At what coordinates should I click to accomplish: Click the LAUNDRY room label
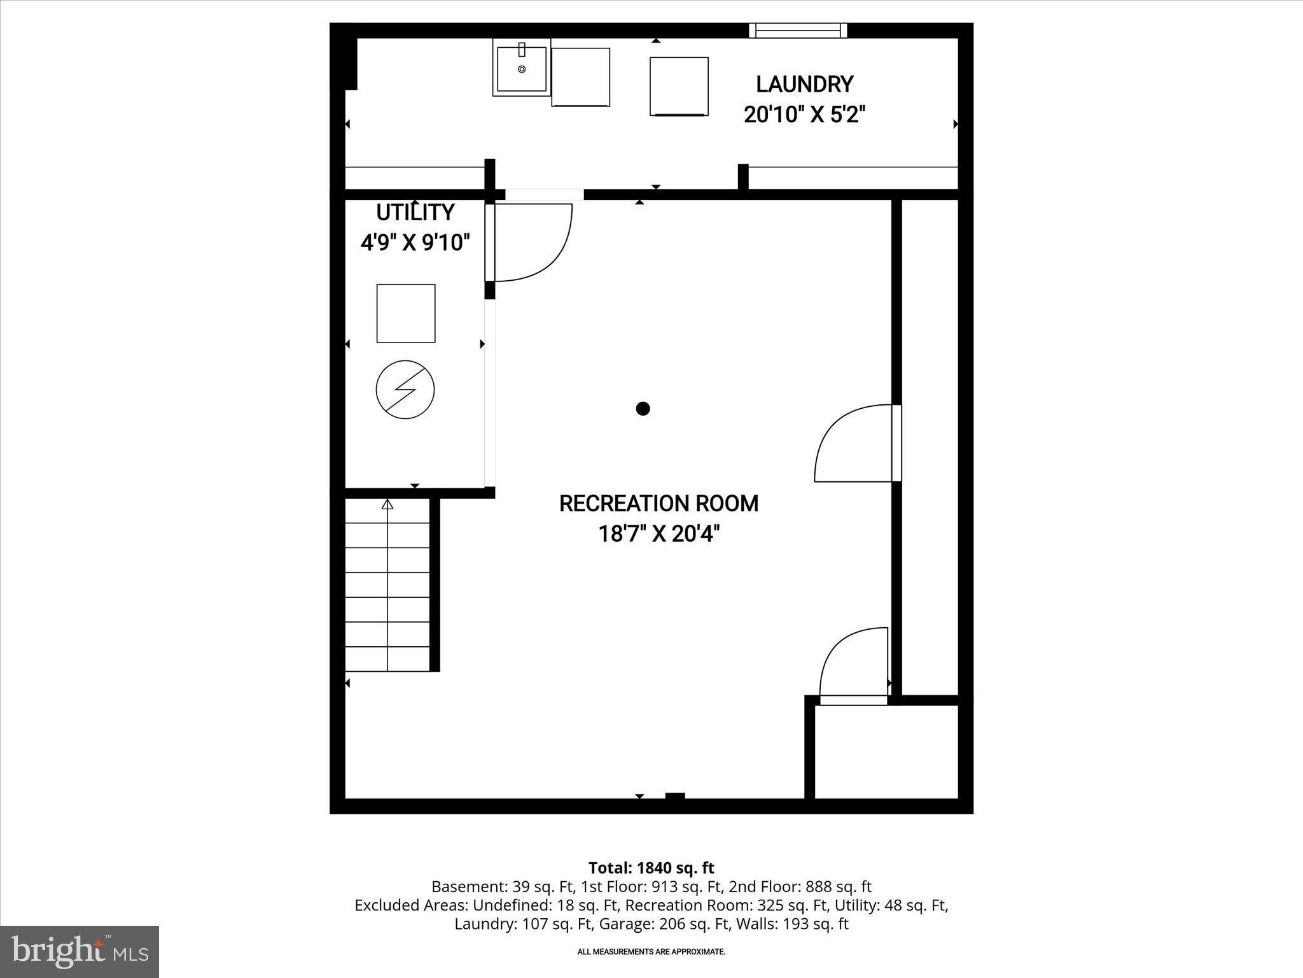click(x=804, y=84)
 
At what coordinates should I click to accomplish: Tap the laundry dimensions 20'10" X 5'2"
click(x=804, y=115)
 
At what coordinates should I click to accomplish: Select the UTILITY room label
click(x=415, y=212)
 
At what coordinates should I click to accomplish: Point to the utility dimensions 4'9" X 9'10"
click(x=415, y=243)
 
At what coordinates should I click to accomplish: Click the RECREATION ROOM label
click(x=658, y=504)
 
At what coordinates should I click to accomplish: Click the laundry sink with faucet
click(x=522, y=67)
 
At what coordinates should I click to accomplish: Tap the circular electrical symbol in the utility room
click(x=405, y=390)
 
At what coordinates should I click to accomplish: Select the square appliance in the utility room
click(x=406, y=313)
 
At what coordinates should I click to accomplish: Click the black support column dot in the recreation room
click(x=643, y=409)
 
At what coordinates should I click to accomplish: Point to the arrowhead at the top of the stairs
click(x=387, y=505)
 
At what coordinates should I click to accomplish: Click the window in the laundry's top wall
click(x=798, y=30)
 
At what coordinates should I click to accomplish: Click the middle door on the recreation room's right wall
click(x=856, y=444)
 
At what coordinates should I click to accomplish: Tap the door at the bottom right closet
click(x=854, y=665)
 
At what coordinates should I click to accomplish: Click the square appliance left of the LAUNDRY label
click(x=679, y=87)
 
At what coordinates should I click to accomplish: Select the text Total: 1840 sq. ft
click(x=651, y=868)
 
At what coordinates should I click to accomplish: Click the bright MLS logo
click(x=80, y=952)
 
